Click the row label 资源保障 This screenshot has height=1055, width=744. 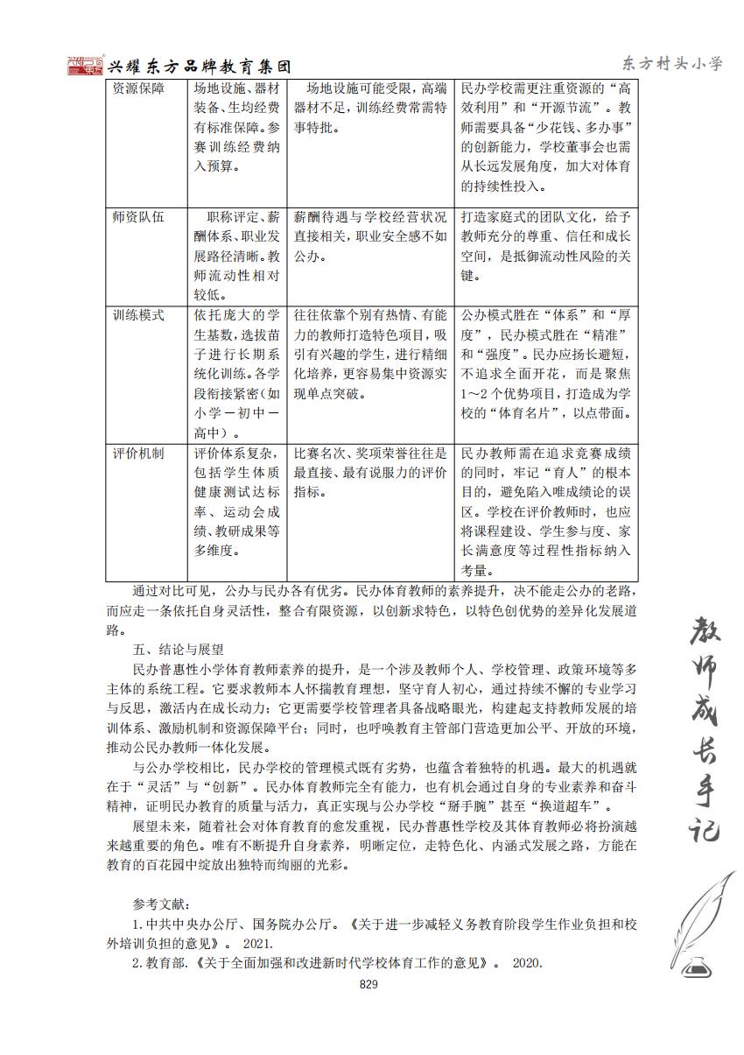coord(138,89)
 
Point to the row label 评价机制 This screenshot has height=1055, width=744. coord(138,454)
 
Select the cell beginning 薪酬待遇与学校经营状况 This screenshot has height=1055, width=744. coord(370,236)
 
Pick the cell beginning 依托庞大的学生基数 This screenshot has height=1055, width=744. coord(237,373)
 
